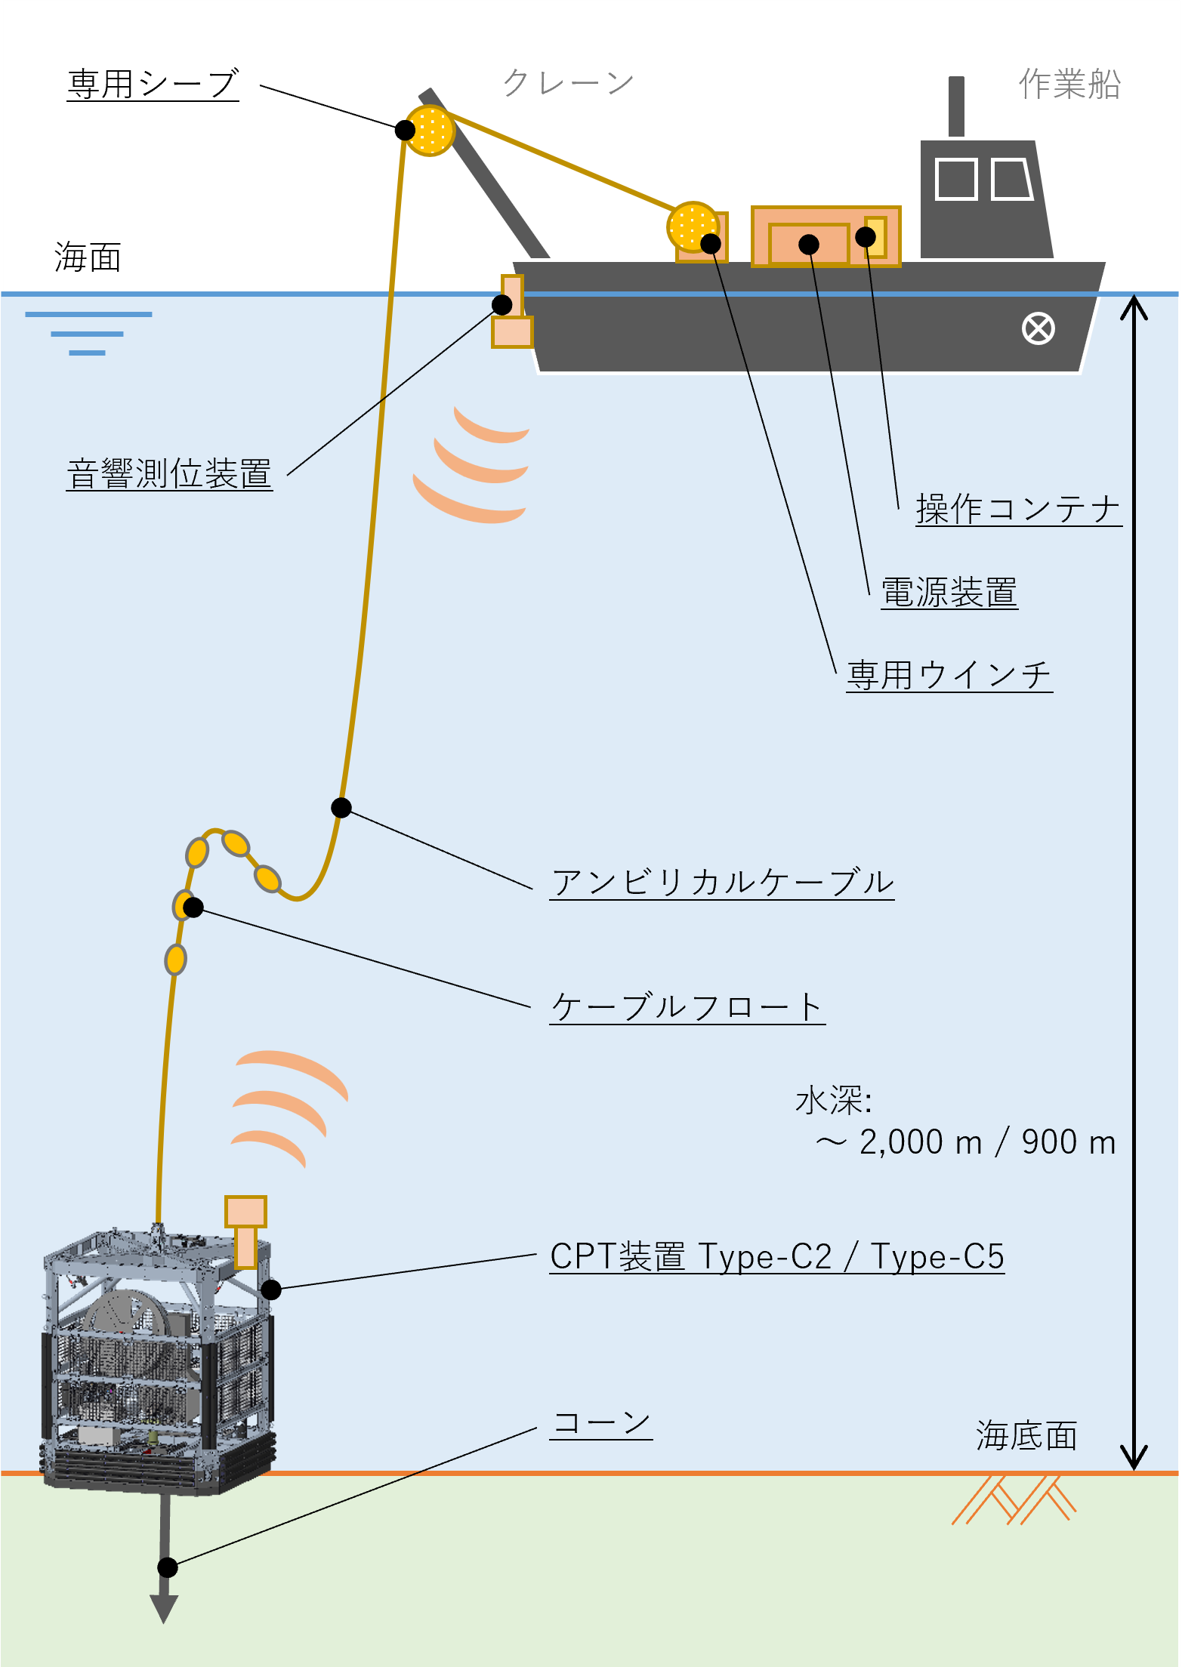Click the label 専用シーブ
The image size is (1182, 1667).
click(x=153, y=84)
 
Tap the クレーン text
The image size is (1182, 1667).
click(x=568, y=82)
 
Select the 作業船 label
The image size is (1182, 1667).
click(x=1069, y=84)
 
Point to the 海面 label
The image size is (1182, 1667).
click(x=88, y=257)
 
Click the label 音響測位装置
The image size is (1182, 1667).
click(x=169, y=474)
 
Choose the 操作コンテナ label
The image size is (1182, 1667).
click(x=1018, y=509)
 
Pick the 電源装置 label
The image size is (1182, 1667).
click(x=949, y=592)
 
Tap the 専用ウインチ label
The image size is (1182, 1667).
click(x=949, y=675)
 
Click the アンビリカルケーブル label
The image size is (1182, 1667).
click(x=722, y=882)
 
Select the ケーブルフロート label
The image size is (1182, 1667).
click(x=687, y=1007)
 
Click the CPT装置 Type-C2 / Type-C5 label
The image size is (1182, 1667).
click(x=777, y=1256)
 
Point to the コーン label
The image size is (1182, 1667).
click(x=602, y=1423)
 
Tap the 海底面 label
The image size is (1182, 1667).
click(x=1026, y=1435)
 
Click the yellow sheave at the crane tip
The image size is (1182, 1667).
click(x=430, y=131)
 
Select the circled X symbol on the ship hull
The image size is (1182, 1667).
click(x=1038, y=329)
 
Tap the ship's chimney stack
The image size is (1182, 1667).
click(x=956, y=106)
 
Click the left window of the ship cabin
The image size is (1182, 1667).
click(x=956, y=179)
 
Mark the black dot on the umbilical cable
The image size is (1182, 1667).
click(x=341, y=807)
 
